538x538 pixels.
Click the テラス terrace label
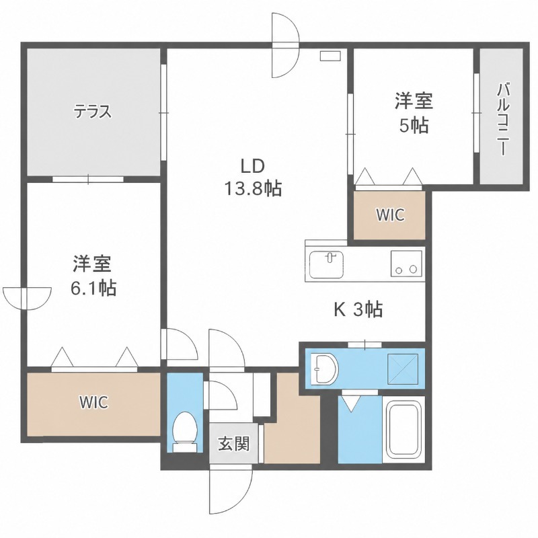point(93,112)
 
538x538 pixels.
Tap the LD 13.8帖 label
point(253,178)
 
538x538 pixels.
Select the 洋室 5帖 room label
point(414,113)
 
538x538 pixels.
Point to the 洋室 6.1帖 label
point(93,275)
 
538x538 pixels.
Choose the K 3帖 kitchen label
point(358,309)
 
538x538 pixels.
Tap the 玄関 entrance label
point(233,445)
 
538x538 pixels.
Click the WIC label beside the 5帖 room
point(390,215)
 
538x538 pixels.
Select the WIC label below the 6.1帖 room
point(94,402)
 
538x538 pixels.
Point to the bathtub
point(403,430)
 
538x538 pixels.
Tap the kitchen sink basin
point(326,264)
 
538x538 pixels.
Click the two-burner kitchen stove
point(406,264)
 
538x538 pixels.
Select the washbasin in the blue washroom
point(324,369)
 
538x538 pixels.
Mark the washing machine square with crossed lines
point(403,369)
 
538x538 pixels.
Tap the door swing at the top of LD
point(286,45)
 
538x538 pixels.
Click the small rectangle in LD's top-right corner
point(330,56)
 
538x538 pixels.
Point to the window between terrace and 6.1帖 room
point(88,179)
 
